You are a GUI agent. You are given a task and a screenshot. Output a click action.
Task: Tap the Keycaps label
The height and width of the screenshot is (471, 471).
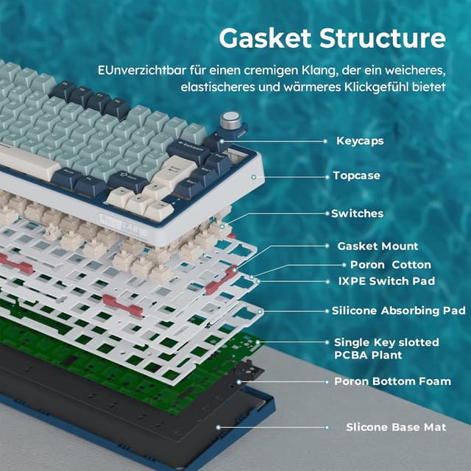click(360, 140)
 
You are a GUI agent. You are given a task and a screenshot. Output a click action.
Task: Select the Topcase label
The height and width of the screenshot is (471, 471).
click(358, 177)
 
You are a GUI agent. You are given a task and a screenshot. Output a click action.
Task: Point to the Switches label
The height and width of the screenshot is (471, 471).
click(357, 213)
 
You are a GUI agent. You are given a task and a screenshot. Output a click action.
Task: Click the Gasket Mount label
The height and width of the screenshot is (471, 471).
click(377, 246)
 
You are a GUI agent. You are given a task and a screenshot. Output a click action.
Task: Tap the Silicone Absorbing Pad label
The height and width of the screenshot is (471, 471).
click(398, 311)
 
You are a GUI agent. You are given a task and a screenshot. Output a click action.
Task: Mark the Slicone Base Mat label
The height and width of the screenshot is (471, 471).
click(396, 427)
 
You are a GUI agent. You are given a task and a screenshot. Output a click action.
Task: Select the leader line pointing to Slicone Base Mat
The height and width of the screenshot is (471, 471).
click(272, 427)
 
